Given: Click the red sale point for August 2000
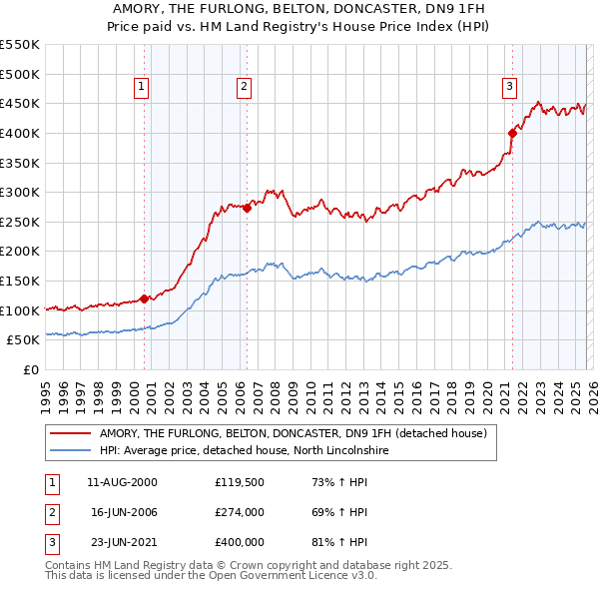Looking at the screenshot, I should (x=144, y=298).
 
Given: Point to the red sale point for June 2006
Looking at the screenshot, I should (x=247, y=208).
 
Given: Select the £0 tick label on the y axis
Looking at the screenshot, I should (x=31, y=369).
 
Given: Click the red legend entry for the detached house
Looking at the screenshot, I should (x=293, y=434).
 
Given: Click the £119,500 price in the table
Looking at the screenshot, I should (x=239, y=482).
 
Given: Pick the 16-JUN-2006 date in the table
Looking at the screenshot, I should (x=124, y=512).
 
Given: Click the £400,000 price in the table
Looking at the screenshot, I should (x=239, y=542).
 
